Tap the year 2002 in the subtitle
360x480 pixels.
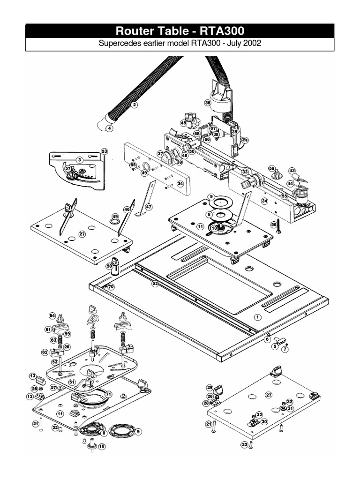click(251, 44)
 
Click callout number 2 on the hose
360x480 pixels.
click(135, 105)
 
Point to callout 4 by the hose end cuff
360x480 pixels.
click(109, 128)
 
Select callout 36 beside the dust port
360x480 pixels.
click(208, 102)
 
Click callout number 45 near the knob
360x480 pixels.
click(184, 123)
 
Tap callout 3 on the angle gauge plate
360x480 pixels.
click(80, 160)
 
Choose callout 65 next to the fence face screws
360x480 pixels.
click(133, 165)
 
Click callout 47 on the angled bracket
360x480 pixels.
click(149, 207)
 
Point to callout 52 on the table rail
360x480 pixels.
click(155, 283)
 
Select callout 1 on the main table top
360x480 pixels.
click(257, 317)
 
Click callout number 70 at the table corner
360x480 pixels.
click(111, 286)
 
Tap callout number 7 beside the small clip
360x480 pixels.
click(284, 349)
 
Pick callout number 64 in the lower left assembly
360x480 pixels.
click(52, 315)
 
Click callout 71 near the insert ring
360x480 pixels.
click(109, 394)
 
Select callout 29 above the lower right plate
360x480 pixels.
click(210, 388)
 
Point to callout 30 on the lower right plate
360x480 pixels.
click(264, 421)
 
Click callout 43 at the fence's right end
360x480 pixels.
click(292, 171)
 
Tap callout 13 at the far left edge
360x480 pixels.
click(32, 376)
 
